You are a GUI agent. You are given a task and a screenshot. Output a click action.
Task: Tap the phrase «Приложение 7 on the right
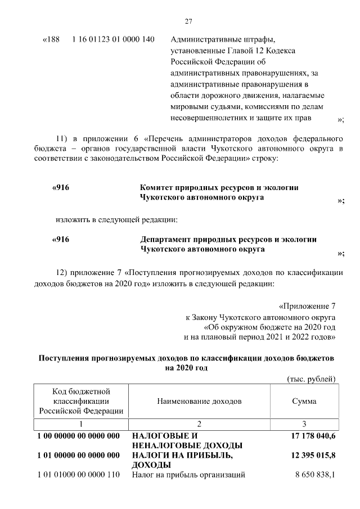click(x=307, y=307)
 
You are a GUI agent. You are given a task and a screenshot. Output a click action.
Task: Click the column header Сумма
click(x=304, y=402)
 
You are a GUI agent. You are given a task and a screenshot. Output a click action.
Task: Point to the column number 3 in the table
click(x=304, y=424)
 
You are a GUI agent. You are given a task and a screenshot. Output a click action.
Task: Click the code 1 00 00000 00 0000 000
click(x=78, y=436)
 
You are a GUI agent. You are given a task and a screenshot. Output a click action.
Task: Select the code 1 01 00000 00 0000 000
click(x=78, y=454)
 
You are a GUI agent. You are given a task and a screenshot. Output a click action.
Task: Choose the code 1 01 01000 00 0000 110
click(x=78, y=475)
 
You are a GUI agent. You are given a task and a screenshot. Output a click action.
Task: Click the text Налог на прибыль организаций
click(x=188, y=475)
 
